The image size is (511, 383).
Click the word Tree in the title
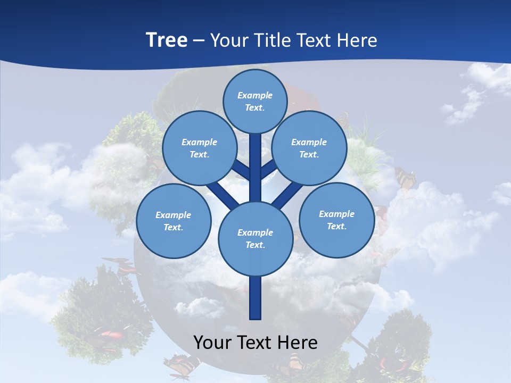[x=167, y=40]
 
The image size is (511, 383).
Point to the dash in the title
[x=199, y=41]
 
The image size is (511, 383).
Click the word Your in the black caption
[x=212, y=342]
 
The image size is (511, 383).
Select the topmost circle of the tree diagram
[x=255, y=101]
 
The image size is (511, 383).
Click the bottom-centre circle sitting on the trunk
[x=256, y=239]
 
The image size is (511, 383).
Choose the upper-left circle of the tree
[x=199, y=148]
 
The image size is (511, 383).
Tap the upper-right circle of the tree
[x=309, y=148]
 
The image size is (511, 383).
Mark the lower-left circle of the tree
[x=173, y=221]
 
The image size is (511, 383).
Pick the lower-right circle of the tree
[x=336, y=220]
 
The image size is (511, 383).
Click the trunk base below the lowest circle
[x=256, y=298]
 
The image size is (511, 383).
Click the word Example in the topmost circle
[x=255, y=95]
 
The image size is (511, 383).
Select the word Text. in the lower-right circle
[x=336, y=226]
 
